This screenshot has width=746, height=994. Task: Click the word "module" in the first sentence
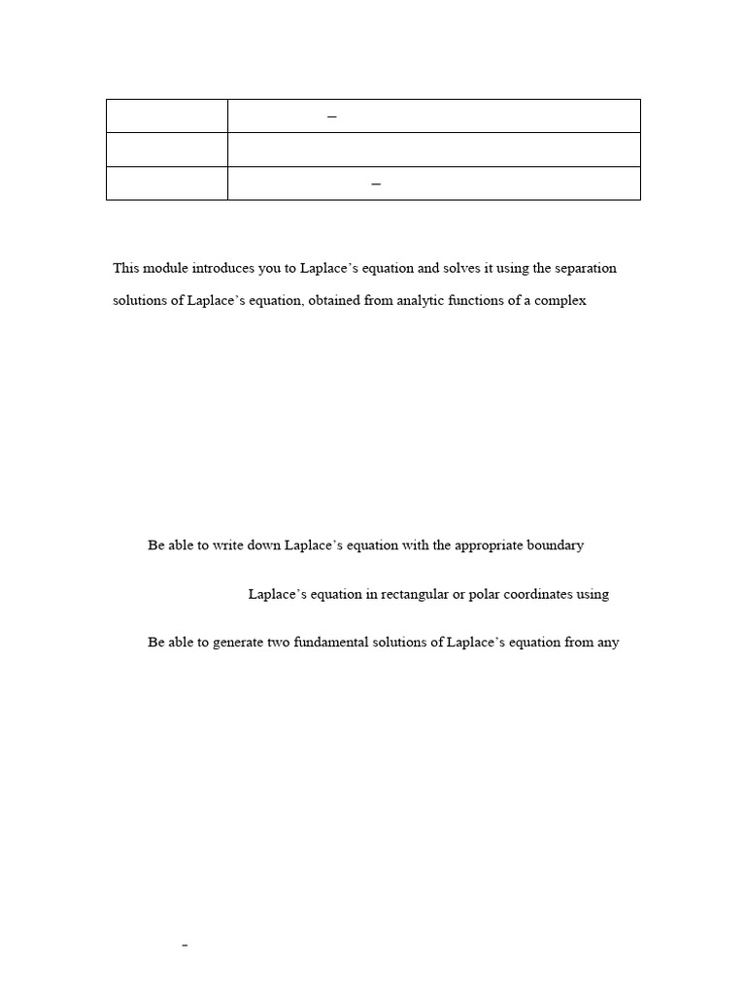(163, 268)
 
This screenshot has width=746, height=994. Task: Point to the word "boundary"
(556, 546)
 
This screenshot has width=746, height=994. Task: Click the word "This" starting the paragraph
(126, 268)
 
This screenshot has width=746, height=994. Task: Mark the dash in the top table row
(332, 116)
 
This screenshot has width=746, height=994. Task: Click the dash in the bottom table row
(376, 183)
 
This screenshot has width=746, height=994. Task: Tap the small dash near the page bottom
(185, 944)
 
